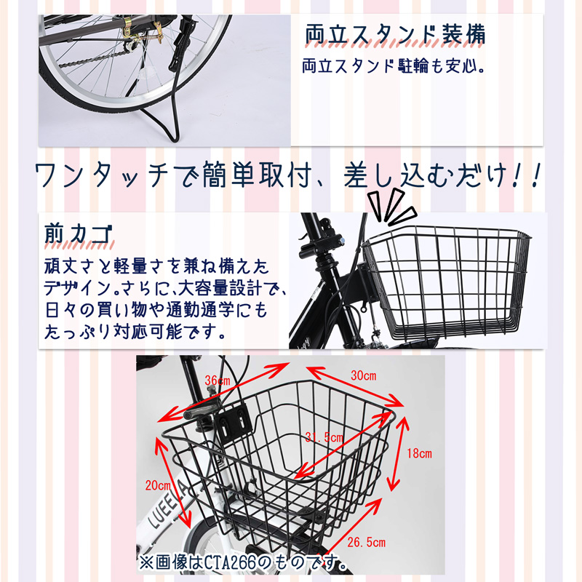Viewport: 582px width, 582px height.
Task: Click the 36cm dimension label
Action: [x=218, y=380]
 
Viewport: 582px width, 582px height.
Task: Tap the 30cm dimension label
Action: [x=363, y=376]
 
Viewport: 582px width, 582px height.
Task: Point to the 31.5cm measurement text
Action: [x=324, y=437]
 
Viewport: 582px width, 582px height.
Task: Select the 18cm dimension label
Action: [x=419, y=453]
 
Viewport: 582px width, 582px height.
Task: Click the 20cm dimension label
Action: [x=157, y=485]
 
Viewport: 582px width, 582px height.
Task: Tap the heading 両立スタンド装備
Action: [x=394, y=36]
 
